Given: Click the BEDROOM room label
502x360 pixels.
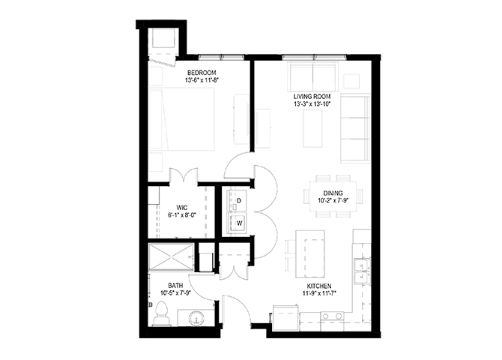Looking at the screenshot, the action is [202, 73].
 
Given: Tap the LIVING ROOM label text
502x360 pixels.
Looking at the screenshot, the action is [312, 97].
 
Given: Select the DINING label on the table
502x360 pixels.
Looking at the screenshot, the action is [333, 193].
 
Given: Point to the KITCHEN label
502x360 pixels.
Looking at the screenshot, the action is [319, 286].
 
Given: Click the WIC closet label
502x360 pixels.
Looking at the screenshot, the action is [182, 208].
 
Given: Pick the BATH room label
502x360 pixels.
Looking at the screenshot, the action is [176, 285].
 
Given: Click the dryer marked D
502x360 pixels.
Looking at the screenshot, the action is [237, 200].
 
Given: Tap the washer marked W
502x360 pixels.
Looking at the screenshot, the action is [237, 223].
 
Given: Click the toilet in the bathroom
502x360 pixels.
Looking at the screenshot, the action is [161, 314].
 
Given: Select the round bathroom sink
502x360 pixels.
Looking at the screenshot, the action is [196, 319].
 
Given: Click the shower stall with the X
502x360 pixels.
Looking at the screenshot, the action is [172, 256].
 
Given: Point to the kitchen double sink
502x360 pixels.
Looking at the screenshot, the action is [363, 271].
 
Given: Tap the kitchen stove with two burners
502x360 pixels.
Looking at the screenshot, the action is [332, 321].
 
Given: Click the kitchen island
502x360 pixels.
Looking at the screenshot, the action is [310, 255].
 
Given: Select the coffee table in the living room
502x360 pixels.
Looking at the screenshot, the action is [312, 128].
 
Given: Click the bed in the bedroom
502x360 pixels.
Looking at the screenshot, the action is [182, 119].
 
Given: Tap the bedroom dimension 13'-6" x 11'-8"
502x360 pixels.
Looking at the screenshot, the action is [202, 80].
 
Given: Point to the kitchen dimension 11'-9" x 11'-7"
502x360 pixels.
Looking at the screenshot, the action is [319, 293].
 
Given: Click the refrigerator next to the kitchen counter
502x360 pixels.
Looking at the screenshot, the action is [286, 318].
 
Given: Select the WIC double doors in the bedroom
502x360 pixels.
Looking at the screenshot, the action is [183, 176].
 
